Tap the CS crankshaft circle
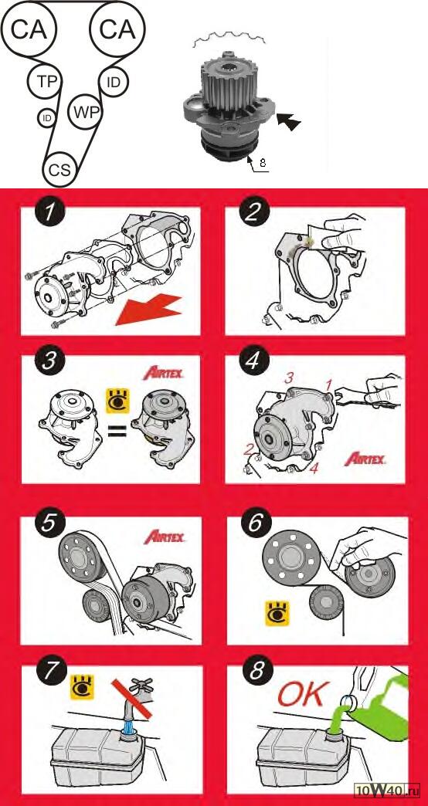[60, 170]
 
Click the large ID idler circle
[114, 82]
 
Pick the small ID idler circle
[47, 118]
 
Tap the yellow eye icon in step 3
[117, 401]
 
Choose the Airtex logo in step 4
[365, 458]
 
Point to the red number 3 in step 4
[290, 378]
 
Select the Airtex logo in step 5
[164, 537]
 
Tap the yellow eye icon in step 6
[277, 613]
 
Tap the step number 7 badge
[50, 675]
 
